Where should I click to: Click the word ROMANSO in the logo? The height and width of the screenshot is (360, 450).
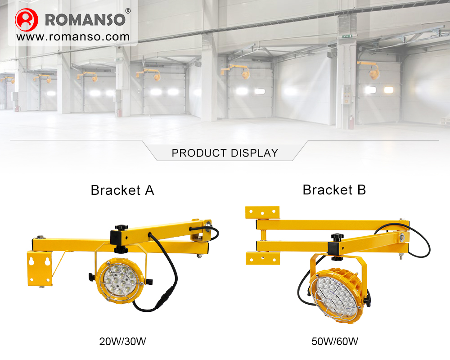point(85,20)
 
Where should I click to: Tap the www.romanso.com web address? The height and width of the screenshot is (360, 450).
point(73,37)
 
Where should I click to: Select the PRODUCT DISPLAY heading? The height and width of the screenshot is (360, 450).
point(225,153)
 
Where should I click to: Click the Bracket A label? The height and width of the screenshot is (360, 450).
point(122,190)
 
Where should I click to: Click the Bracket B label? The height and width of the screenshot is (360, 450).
point(334,189)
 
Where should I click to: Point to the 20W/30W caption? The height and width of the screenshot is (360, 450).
point(123,342)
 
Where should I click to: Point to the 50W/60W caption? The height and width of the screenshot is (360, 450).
point(335,342)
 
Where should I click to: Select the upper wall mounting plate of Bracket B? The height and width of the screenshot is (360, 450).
point(262,211)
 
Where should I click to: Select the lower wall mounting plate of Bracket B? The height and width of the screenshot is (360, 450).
point(262,258)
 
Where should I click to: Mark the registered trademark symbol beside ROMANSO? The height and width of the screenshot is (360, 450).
point(128,11)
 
